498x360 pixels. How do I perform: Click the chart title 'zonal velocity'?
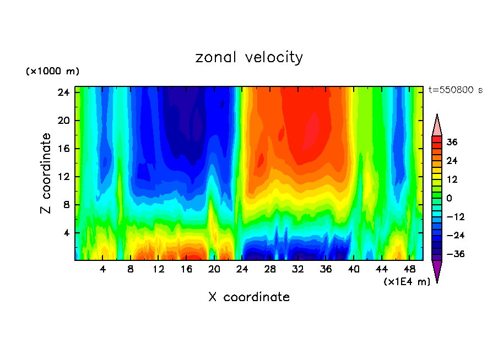click(249, 57)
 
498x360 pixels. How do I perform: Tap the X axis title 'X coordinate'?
click(249, 297)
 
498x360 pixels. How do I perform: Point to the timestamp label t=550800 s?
click(455, 90)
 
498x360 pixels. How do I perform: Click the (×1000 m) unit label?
click(52, 72)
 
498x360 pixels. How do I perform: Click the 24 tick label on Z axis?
click(62, 92)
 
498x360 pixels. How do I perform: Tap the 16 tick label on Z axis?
click(62, 149)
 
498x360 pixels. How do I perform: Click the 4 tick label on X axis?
click(103, 269)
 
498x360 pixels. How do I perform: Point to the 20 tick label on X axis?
click(214, 269)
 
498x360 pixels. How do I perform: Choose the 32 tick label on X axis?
click(298, 269)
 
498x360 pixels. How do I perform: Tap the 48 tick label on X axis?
click(410, 269)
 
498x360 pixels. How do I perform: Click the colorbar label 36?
click(452, 142)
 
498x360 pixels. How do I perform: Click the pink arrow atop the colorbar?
click(437, 126)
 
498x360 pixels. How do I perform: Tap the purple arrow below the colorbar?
click(437, 271)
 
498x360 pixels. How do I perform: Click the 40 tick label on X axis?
click(354, 269)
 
